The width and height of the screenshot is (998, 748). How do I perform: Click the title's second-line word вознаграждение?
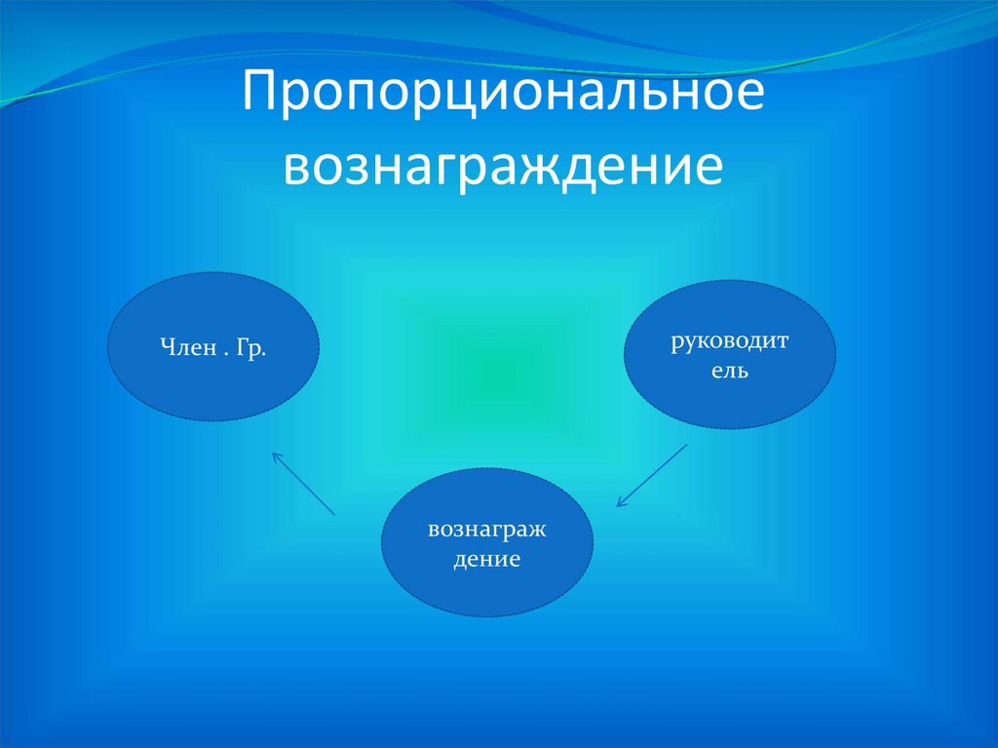point(502,166)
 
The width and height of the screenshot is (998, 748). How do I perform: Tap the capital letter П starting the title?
point(263,97)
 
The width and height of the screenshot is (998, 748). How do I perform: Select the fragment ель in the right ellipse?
point(729,372)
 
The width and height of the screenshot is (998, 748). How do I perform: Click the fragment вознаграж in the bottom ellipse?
point(486,531)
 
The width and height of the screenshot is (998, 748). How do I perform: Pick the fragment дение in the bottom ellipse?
point(486,561)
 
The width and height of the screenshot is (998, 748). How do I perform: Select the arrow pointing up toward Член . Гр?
point(303,483)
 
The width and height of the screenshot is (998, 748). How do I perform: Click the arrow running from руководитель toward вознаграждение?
point(652,476)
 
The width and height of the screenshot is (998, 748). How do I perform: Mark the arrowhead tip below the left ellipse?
point(273,452)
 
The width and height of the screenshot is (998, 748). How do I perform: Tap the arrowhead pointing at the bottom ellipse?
point(618,505)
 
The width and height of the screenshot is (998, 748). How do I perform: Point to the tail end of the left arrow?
point(334,514)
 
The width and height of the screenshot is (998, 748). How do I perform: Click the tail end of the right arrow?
point(687,446)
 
